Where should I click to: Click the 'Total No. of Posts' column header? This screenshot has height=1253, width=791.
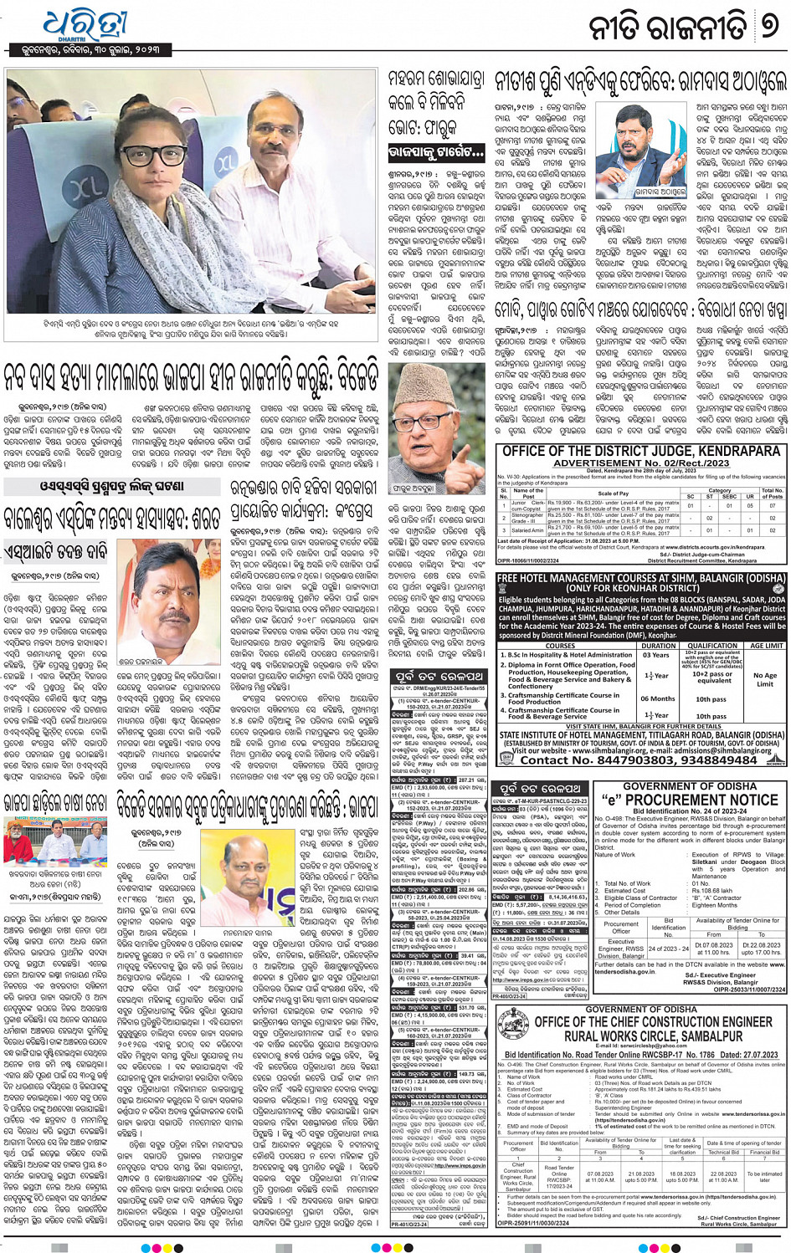(772, 494)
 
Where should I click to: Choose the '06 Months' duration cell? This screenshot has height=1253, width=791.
(657, 698)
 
